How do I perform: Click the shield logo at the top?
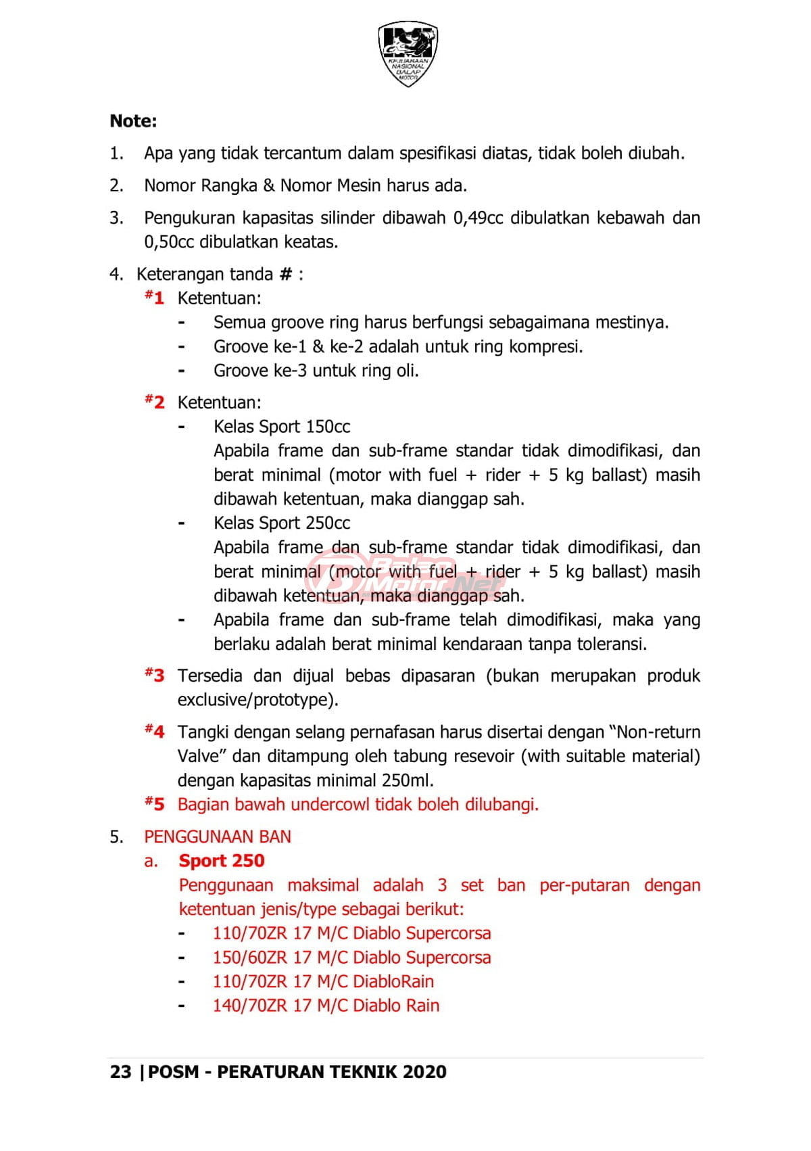point(408,53)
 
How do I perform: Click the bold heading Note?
point(133,121)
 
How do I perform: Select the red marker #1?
point(155,298)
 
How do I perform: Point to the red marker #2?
point(155,402)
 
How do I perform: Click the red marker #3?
point(155,675)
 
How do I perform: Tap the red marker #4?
point(155,731)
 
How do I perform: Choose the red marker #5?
point(155,804)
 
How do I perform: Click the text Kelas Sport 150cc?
point(282,427)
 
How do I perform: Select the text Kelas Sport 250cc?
point(282,523)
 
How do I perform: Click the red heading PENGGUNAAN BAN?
point(218,837)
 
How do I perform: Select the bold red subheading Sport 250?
point(222,861)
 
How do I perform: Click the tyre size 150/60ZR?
point(250,958)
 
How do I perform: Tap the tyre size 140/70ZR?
point(250,1006)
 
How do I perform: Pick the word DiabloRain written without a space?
point(393,982)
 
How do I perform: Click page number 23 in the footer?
point(120,1072)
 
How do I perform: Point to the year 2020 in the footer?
point(424,1072)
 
